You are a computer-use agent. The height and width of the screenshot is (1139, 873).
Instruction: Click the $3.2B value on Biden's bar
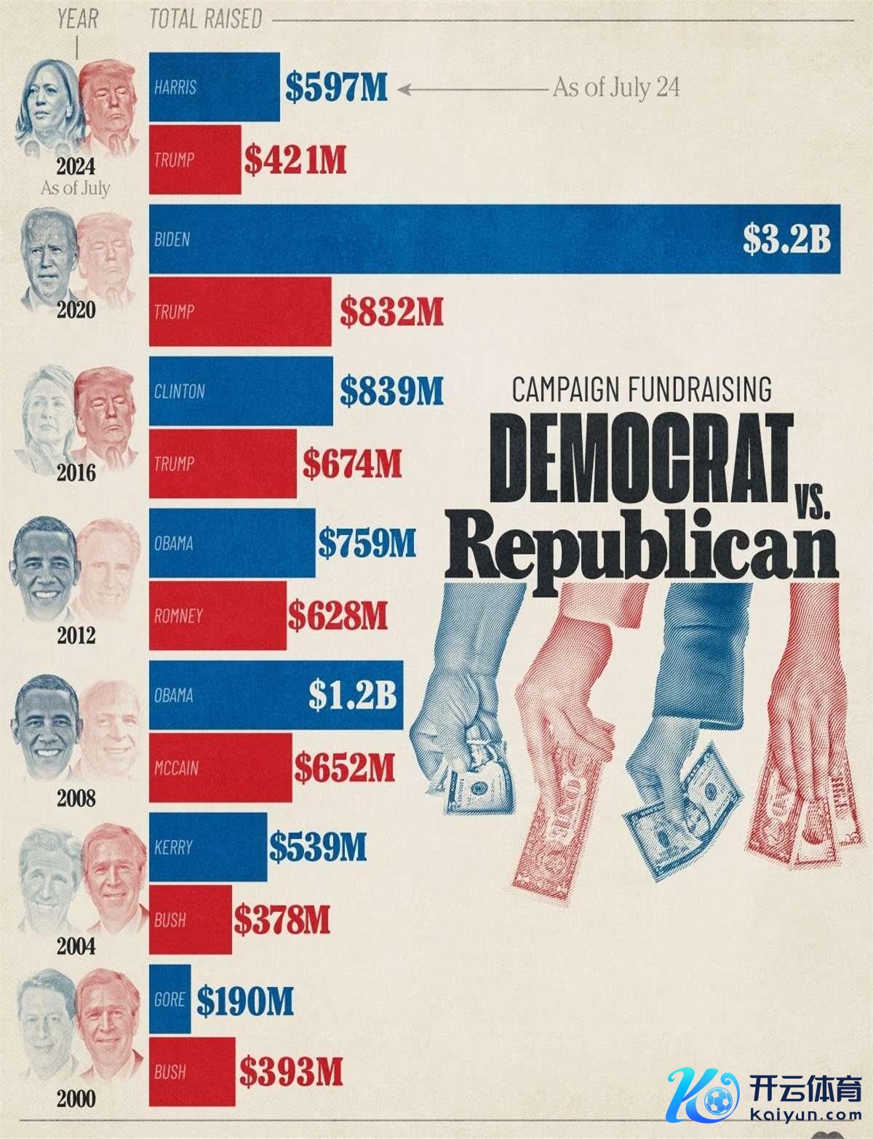(x=786, y=239)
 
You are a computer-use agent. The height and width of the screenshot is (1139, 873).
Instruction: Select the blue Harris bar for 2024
(x=214, y=87)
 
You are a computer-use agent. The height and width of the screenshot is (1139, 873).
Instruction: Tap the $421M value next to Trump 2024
(x=295, y=160)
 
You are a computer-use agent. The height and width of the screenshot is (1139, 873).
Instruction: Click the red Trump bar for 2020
(x=240, y=311)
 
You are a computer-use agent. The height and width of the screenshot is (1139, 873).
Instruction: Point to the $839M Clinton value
(x=391, y=392)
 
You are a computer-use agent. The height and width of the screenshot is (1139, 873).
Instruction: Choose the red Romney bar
(x=218, y=616)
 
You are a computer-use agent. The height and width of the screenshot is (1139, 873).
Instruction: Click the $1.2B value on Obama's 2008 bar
(x=353, y=695)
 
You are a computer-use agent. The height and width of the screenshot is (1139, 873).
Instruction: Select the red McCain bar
(x=220, y=768)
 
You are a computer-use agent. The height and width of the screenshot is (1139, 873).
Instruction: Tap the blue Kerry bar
(x=208, y=847)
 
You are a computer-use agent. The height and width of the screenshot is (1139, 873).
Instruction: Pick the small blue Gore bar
(x=170, y=999)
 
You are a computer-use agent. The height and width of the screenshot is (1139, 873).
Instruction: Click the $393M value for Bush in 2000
(x=291, y=1071)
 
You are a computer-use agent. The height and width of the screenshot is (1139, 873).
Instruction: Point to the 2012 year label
(x=76, y=636)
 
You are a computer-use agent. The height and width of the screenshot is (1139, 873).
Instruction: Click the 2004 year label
(x=76, y=947)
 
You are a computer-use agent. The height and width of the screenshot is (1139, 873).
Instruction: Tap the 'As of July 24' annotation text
(x=616, y=88)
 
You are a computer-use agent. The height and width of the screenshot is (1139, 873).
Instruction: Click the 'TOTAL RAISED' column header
(x=205, y=20)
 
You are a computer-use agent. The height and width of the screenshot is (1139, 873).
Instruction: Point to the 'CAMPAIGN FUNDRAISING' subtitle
(x=642, y=389)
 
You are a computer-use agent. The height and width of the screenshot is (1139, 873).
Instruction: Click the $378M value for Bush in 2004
(x=282, y=920)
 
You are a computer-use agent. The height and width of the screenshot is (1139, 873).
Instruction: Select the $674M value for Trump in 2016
(x=352, y=464)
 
